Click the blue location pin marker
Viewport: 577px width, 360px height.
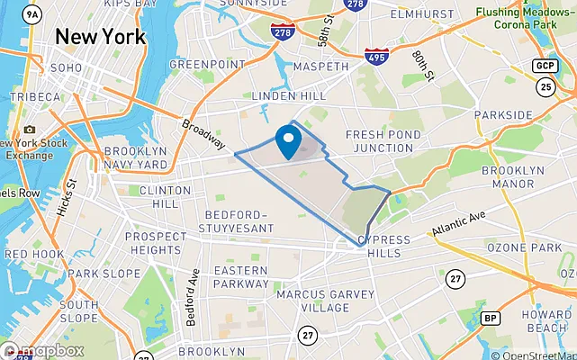click(288, 141)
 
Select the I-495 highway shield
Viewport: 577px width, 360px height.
click(377, 58)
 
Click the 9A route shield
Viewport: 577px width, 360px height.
click(33, 14)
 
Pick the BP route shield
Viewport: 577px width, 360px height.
click(491, 318)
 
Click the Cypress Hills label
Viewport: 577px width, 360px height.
click(383, 247)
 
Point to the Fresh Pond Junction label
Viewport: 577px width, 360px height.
click(383, 141)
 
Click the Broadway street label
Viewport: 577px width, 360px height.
click(203, 134)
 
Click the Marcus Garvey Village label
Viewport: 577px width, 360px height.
click(312, 301)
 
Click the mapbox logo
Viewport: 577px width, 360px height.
click(42, 351)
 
